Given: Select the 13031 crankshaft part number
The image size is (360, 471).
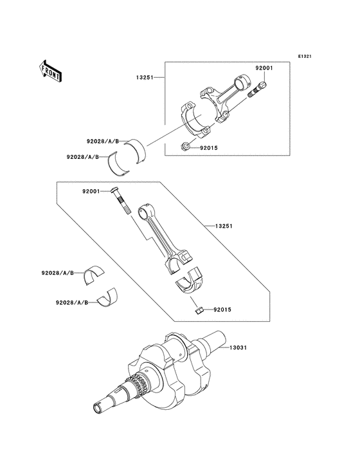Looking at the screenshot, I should (x=237, y=348).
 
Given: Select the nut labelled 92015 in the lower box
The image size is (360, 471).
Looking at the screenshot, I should (x=199, y=311).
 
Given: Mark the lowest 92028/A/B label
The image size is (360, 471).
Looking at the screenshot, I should (x=70, y=302).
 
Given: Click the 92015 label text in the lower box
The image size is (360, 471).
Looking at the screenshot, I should (x=222, y=310).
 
